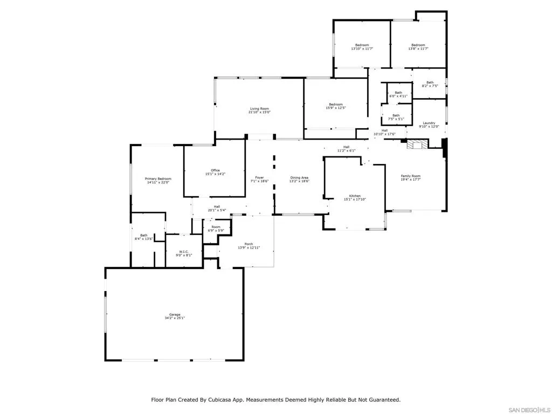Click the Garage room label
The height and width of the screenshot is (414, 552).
tap(175, 314)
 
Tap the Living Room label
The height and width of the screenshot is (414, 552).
tap(259, 108)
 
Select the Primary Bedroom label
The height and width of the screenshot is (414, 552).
tap(158, 178)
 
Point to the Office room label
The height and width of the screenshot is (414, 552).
tap(216, 170)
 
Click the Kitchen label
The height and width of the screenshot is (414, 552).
tap(355, 196)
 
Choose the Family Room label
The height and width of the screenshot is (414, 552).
tap(410, 176)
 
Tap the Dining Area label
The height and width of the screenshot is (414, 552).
tap(299, 177)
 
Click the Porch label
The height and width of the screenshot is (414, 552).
tap(249, 244)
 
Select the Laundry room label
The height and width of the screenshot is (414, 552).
tap(429, 123)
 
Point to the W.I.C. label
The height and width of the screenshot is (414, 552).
tap(183, 251)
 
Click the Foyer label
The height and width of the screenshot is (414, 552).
tap(259, 177)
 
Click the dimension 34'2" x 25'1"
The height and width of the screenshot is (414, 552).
tap(175, 318)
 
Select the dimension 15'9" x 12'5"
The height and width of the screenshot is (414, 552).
tap(336, 108)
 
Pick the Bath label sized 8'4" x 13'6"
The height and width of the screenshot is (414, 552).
tap(144, 235)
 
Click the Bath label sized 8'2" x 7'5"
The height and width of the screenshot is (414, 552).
tap(430, 82)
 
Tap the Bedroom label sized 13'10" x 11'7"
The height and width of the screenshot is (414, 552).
tap(362, 45)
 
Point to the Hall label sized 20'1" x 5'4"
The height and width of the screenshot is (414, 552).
tap(217, 206)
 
